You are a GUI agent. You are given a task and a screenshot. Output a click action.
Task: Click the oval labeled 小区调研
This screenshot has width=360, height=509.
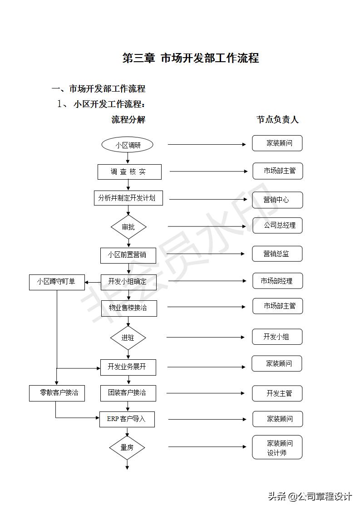(128, 145)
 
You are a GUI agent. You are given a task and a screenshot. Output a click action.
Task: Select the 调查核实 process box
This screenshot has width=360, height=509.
(129, 172)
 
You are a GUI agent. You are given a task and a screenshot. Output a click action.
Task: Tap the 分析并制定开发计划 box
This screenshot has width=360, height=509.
(128, 198)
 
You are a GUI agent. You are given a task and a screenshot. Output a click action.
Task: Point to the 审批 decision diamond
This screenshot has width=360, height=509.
(128, 227)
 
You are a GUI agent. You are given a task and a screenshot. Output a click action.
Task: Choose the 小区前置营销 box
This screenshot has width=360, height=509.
(128, 255)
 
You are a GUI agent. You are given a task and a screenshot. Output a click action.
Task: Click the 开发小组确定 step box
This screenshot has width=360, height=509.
(128, 281)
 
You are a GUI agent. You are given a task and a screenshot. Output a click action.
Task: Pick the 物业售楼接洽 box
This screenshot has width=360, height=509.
(128, 308)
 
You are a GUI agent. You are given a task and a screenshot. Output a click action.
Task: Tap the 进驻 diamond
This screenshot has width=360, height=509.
(128, 338)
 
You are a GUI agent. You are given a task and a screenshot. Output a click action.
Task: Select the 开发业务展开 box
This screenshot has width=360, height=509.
(128, 367)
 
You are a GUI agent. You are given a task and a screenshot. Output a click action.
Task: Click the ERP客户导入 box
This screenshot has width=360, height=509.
(127, 419)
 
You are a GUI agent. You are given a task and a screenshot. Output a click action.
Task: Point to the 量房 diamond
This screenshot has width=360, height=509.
(127, 447)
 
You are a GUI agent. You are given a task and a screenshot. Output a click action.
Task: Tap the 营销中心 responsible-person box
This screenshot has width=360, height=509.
(277, 200)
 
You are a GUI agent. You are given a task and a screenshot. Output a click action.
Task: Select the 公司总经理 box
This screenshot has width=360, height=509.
(277, 225)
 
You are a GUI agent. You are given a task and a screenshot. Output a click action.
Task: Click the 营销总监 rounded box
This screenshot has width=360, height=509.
(277, 254)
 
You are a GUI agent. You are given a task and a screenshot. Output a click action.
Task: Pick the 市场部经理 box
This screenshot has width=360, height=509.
(277, 281)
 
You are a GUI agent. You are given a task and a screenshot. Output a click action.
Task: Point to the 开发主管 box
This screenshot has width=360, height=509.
(277, 393)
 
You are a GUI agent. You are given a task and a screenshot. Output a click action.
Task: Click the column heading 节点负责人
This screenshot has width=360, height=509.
(277, 120)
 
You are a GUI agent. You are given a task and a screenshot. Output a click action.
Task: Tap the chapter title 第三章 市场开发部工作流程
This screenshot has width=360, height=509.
(191, 58)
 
